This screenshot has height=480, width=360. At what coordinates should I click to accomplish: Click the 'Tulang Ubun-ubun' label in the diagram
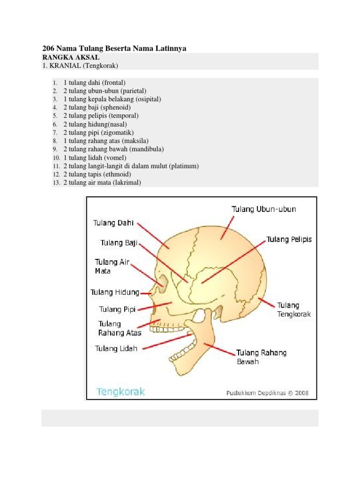point(264,210)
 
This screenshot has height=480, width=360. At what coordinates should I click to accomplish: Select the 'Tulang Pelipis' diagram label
point(289,240)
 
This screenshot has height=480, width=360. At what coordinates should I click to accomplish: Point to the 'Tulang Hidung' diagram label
point(115,292)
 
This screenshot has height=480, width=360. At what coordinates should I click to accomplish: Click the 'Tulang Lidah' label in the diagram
point(116,349)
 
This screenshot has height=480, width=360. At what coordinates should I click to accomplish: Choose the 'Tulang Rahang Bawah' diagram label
point(261,357)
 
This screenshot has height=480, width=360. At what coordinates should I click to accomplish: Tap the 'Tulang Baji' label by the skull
point(118,243)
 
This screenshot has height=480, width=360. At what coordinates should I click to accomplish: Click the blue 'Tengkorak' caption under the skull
point(121,391)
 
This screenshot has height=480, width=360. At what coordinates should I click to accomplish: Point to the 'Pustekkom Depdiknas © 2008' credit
point(268,393)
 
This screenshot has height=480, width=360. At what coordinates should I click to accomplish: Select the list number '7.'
point(55,133)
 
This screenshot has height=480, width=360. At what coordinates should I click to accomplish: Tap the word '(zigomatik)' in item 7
point(111,133)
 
